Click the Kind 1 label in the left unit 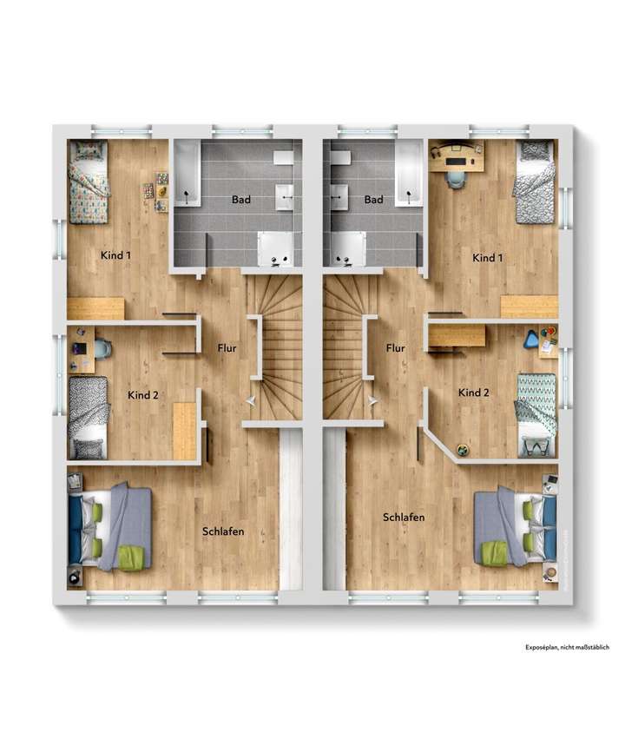(x=115, y=256)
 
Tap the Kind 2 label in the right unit (x=474, y=393)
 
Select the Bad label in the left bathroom (x=241, y=200)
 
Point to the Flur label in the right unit (x=395, y=348)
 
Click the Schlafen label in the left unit (x=223, y=531)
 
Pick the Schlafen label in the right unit (x=404, y=518)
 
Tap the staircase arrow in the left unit (x=251, y=400)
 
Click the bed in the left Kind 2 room (x=88, y=417)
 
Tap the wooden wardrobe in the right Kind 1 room (x=529, y=307)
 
